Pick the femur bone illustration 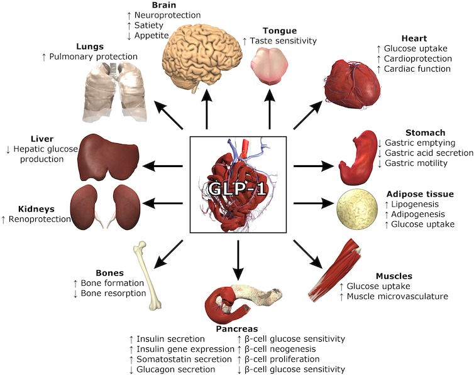tap(148, 276)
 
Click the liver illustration tap(107, 157)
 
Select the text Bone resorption tap(114, 293)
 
